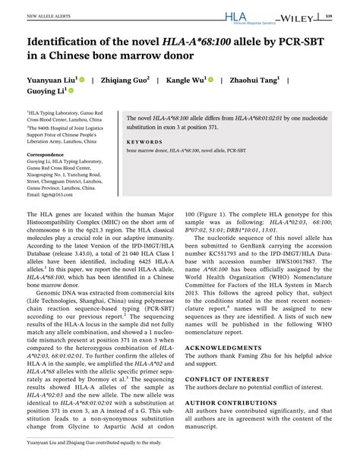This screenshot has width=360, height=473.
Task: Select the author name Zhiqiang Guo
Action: [x=125, y=78]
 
